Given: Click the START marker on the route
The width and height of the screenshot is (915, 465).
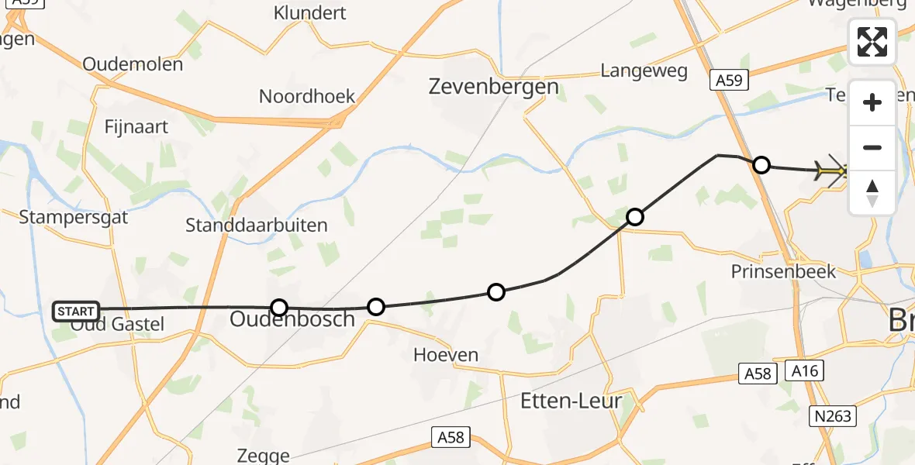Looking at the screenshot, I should click(x=76, y=312).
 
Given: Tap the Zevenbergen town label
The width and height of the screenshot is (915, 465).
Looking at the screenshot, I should click(x=494, y=86).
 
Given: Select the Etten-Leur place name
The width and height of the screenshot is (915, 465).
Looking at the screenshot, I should click(x=571, y=401).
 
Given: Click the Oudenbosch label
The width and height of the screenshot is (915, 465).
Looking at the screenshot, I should click(x=292, y=319).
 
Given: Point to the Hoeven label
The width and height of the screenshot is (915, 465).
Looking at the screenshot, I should click(x=445, y=355).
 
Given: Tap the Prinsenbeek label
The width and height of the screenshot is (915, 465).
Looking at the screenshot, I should click(x=783, y=271).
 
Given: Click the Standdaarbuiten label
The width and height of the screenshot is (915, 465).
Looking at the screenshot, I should click(x=256, y=226).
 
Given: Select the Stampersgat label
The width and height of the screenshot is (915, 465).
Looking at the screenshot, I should click(x=73, y=216).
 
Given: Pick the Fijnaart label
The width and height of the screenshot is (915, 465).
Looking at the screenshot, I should click(x=136, y=126).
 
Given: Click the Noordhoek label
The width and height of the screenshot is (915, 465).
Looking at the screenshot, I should click(x=307, y=96).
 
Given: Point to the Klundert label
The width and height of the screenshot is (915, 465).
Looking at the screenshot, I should click(x=310, y=13).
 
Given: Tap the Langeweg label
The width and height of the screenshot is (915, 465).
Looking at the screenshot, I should click(x=644, y=71).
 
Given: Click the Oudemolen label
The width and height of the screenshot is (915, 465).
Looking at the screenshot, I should click(x=133, y=64).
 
